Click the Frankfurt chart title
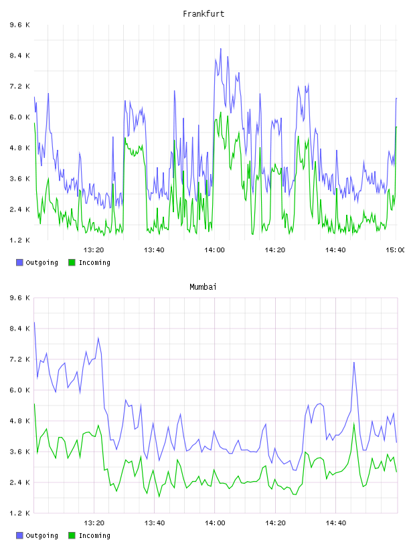(x=203, y=14)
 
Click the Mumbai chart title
(x=203, y=287)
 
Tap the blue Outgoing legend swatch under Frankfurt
(x=19, y=262)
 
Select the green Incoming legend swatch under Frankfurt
(x=72, y=262)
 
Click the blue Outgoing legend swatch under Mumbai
(x=19, y=535)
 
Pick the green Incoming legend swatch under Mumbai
(x=72, y=535)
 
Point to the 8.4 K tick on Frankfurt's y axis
(x=19, y=56)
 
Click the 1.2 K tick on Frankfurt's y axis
(x=19, y=240)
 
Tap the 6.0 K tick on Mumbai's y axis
(x=19, y=390)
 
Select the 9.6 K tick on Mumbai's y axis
(x=19, y=298)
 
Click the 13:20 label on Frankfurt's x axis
(x=94, y=250)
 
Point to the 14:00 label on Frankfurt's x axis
(x=215, y=250)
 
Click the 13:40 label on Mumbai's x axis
(x=155, y=523)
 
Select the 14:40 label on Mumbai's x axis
(x=335, y=523)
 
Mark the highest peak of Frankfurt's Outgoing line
(x=221, y=49)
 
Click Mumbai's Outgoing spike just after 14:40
(x=354, y=363)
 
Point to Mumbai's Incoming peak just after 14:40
(x=354, y=424)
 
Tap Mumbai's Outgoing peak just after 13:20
(x=98, y=338)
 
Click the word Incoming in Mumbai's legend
(x=94, y=535)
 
